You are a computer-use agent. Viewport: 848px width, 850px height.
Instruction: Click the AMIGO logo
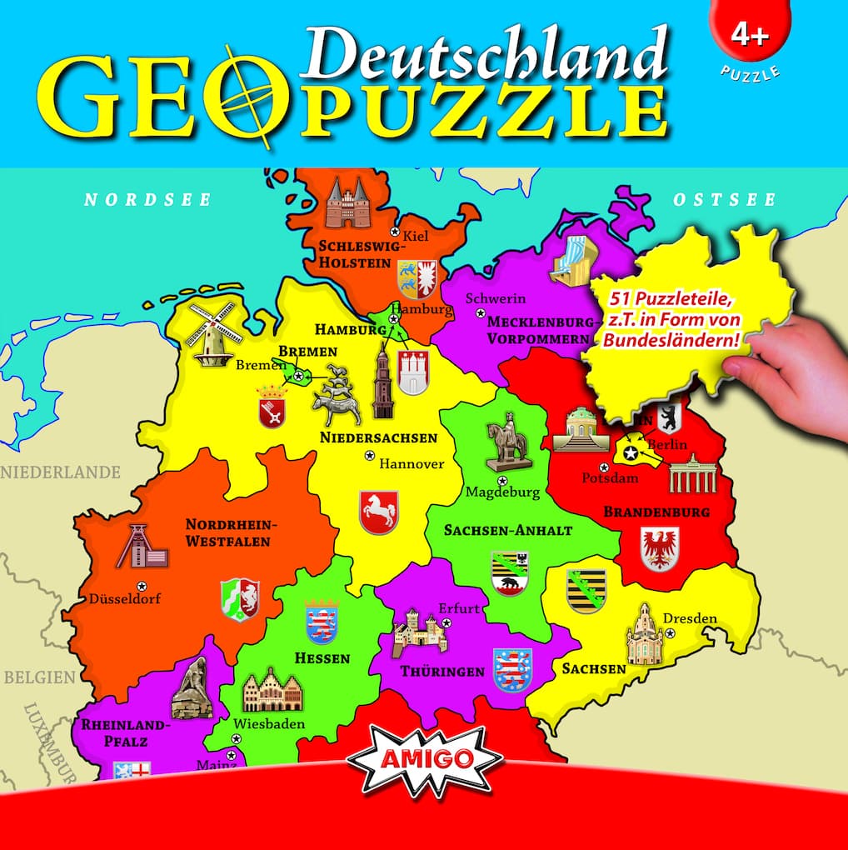(425, 759)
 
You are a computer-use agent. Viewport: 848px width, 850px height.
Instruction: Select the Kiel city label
(415, 236)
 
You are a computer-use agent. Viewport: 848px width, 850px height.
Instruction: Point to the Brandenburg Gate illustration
(692, 472)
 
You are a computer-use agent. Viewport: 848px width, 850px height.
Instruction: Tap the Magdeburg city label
(502, 492)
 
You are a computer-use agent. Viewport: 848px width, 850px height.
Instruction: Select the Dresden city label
(689, 618)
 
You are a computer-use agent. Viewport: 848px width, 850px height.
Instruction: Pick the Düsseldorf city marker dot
(141, 585)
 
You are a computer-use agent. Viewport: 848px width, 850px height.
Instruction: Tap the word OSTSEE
(724, 200)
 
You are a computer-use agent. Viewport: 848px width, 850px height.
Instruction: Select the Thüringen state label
(441, 671)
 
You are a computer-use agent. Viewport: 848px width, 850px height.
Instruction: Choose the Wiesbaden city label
(269, 723)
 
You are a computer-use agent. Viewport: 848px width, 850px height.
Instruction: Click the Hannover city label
(412, 463)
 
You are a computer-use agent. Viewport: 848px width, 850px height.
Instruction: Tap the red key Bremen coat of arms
(272, 407)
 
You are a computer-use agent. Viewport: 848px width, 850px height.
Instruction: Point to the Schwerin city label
(496, 298)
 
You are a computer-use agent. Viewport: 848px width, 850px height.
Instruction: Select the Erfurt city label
(459, 608)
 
